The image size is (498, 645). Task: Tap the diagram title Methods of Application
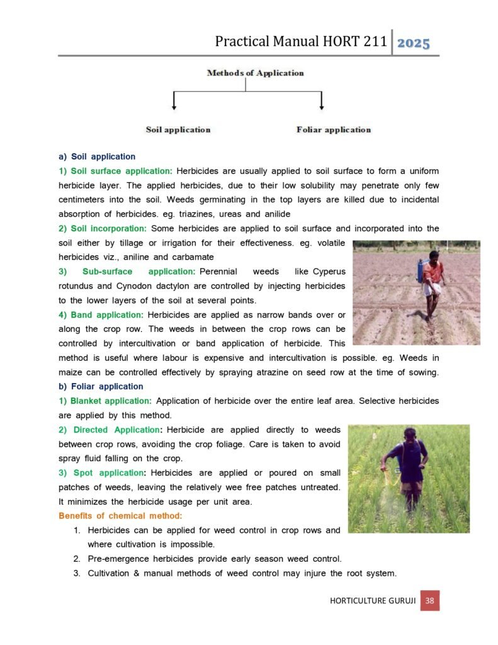click(x=255, y=73)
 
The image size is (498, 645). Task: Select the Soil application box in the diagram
click(x=178, y=130)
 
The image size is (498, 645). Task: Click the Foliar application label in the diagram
click(x=334, y=130)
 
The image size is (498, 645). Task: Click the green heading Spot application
click(x=103, y=472)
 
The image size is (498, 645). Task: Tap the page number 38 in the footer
click(x=429, y=601)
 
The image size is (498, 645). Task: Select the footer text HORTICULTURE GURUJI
click(x=372, y=601)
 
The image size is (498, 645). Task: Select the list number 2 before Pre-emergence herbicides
click(x=76, y=559)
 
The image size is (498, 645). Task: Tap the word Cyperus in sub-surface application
click(x=328, y=271)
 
